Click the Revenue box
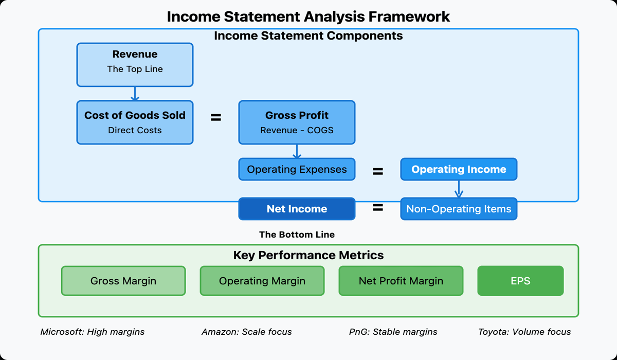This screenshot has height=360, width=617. coord(135,65)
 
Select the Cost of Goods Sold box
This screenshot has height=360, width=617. coord(135,122)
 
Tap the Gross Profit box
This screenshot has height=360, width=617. coord(297,122)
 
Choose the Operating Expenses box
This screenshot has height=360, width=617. coord(297,169)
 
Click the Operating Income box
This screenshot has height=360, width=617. coord(459,169)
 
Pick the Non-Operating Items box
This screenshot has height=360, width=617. coord(459,209)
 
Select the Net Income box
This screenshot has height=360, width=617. coord(297,209)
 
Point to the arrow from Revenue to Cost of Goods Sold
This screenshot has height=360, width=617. coord(135,94)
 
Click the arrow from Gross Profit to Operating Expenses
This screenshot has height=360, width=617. coord(297,151)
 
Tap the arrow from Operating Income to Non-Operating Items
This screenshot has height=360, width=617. coord(459,189)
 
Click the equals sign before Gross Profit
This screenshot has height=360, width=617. coord(216,118)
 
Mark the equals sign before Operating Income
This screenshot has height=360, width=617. coord(378,172)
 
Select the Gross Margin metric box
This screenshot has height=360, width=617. coord(123,281)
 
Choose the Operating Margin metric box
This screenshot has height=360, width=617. coord(262,281)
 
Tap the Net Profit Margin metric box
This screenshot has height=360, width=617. coord(401,281)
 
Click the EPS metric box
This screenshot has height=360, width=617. coord(520,281)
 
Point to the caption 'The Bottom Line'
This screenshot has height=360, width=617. coord(297,235)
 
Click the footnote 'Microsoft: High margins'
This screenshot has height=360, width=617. coord(93,332)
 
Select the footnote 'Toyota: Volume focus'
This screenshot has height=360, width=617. coord(524,332)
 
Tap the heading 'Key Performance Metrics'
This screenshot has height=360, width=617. coord(308,255)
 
